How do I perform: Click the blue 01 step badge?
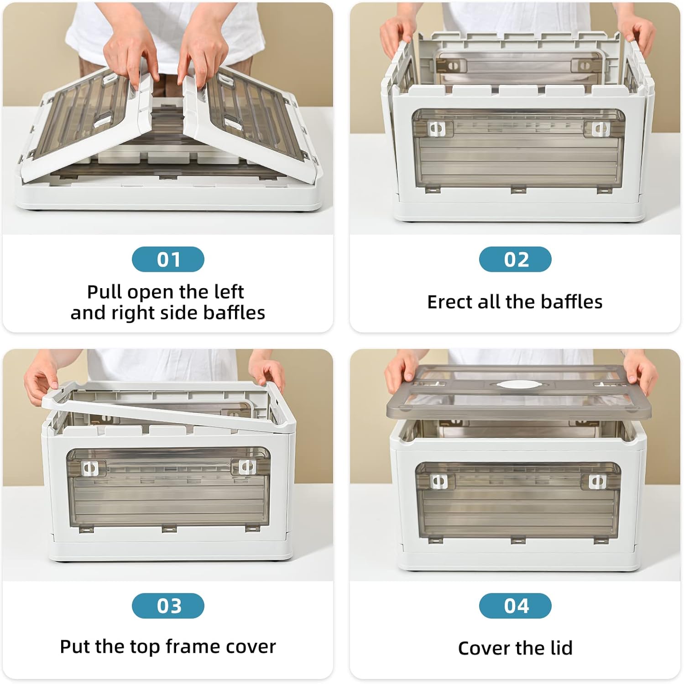click(168, 259)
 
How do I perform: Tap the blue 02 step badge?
click(515, 259)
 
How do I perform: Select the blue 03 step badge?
click(168, 606)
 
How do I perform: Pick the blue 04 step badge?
click(515, 606)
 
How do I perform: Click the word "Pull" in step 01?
click(104, 292)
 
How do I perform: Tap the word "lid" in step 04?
click(561, 648)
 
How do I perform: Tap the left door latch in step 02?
click(437, 129)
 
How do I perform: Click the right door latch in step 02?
click(600, 129)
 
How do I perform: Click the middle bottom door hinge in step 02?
click(518, 189)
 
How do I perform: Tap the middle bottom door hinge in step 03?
click(169, 529)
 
